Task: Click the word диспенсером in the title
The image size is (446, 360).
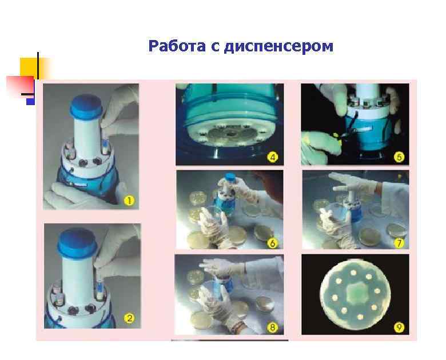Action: [x=278, y=46]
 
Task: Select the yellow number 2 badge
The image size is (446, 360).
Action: [x=130, y=319]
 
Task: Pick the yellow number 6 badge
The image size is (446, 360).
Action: [x=273, y=243]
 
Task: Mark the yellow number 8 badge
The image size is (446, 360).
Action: [x=273, y=327]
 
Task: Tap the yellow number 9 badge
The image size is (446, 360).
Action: [x=399, y=327]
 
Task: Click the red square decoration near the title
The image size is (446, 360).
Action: [x=18, y=85]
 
